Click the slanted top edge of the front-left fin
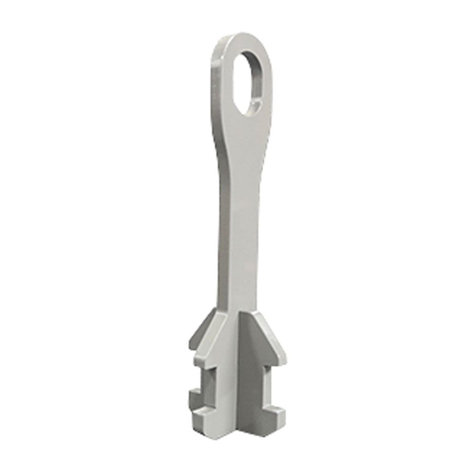[210, 336]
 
